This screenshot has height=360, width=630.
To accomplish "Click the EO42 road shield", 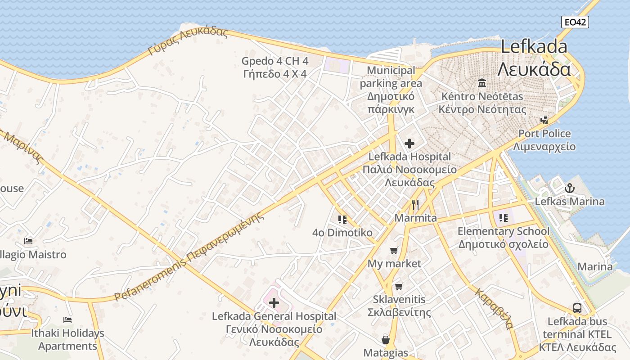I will point(575,22).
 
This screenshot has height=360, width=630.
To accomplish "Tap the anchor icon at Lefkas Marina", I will point(570,188).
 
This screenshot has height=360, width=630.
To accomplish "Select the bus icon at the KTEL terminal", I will point(577,308).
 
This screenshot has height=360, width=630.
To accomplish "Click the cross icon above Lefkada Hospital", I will point(409,144).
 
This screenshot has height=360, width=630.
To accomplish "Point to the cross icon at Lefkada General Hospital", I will point(274,303).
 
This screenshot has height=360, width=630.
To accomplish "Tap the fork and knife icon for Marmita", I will point(415,205).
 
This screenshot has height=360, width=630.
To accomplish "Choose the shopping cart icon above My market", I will point(394,250).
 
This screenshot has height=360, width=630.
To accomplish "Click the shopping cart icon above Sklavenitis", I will point(399,286).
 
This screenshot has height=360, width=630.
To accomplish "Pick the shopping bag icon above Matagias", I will point(386,339).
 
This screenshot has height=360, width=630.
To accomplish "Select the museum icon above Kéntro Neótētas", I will point(482,83).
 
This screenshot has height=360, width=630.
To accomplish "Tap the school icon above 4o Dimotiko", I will point(342,219).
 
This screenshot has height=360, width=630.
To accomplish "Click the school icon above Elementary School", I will point(503,218).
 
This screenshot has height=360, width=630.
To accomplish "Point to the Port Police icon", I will point(544,120).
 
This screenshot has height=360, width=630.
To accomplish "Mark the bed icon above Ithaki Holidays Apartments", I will point(67,320).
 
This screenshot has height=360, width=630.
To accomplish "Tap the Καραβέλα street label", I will point(494,308).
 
